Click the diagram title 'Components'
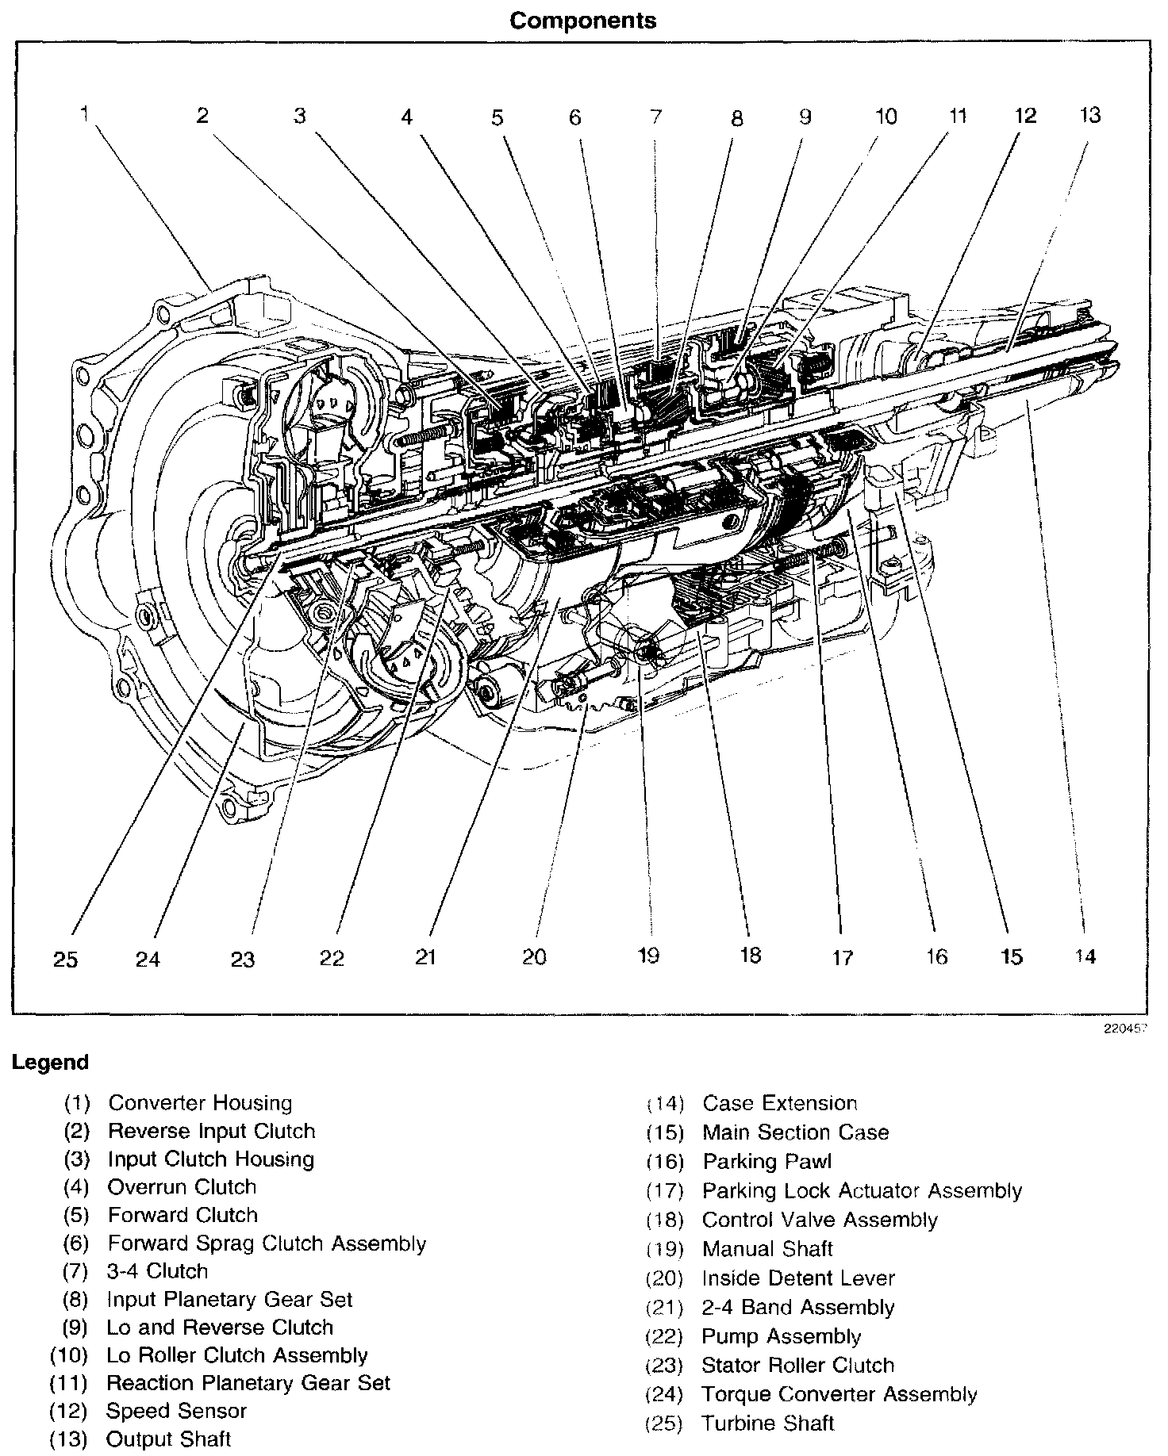[583, 21]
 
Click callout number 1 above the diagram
[84, 115]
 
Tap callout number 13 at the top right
[1090, 115]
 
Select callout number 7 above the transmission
[655, 117]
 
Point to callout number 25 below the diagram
[66, 960]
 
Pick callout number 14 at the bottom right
[1085, 956]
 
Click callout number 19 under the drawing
[648, 956]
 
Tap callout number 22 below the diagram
[332, 958]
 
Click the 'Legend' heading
[51, 1063]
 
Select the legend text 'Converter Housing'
[200, 1103]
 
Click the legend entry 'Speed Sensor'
[176, 1411]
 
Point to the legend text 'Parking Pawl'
[767, 1162]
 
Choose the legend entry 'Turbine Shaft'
[767, 1423]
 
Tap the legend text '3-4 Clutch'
[157, 1271]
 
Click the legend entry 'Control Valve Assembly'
[820, 1220]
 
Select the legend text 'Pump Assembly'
[781, 1336]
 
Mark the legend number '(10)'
[68, 1355]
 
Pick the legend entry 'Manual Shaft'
[767, 1249]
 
